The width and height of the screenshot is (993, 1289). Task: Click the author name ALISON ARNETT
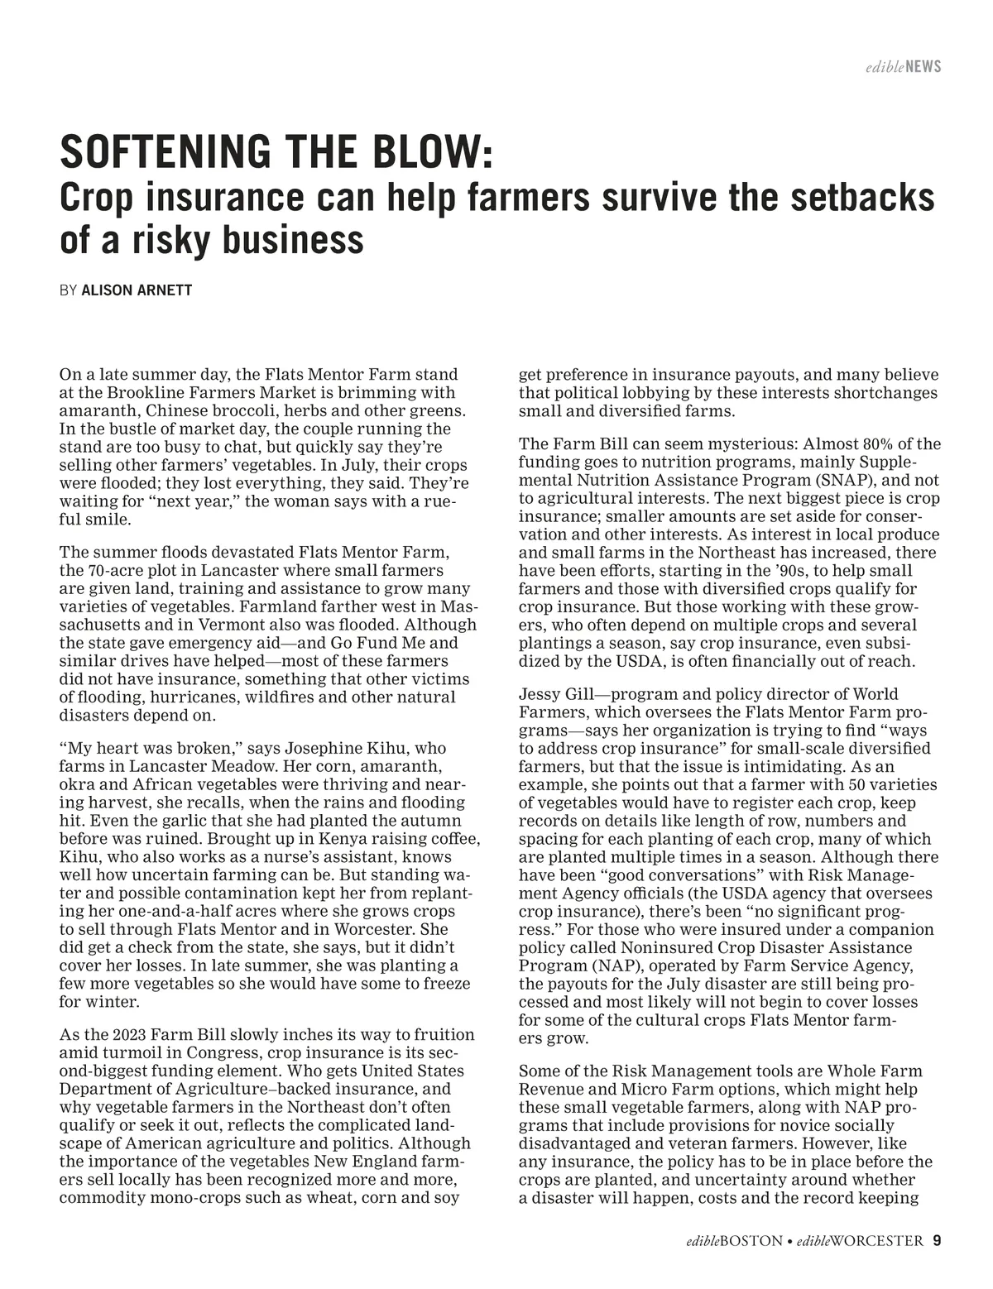[137, 290]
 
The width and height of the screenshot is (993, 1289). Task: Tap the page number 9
[937, 1241]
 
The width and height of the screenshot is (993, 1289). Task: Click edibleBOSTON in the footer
[733, 1241]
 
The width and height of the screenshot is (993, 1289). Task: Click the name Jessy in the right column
[540, 694]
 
